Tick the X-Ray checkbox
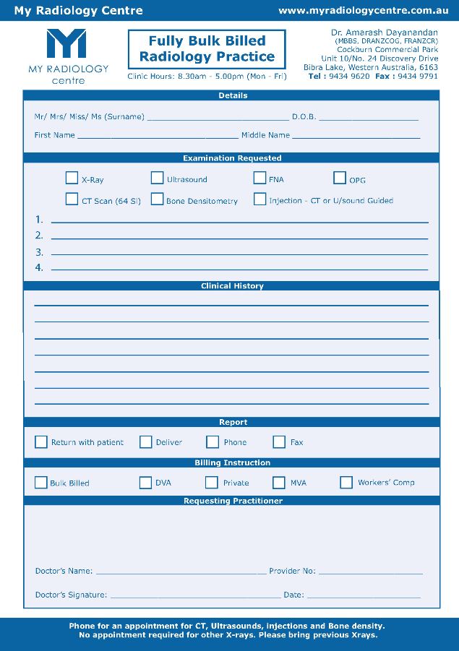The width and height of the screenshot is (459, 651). coord(72,178)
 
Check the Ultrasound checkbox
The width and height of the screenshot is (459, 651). coord(157,178)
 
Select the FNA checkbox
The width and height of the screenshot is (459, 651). coord(259,178)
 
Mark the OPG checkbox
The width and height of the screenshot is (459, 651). coord(340,178)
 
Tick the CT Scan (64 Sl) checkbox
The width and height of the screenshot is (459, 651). coord(72,199)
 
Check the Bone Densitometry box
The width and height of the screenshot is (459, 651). coord(157,199)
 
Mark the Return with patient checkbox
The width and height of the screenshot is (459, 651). coord(41,441)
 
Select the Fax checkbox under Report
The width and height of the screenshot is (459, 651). coord(279,441)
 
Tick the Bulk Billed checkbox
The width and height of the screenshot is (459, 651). coord(41,482)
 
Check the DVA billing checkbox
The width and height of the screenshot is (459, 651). coord(145,482)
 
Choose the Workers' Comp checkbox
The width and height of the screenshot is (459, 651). coord(346,482)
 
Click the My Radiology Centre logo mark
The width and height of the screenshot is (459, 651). coord(67,45)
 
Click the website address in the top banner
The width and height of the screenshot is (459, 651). coord(364,10)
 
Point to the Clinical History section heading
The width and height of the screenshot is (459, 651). coord(232,286)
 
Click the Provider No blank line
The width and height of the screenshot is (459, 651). coord(370,573)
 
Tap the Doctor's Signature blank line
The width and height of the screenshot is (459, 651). coord(195,598)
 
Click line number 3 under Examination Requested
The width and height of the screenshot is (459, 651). coord(239,254)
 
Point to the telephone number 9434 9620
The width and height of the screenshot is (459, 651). coord(349,76)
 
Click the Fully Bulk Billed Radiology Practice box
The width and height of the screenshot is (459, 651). coord(207,48)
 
